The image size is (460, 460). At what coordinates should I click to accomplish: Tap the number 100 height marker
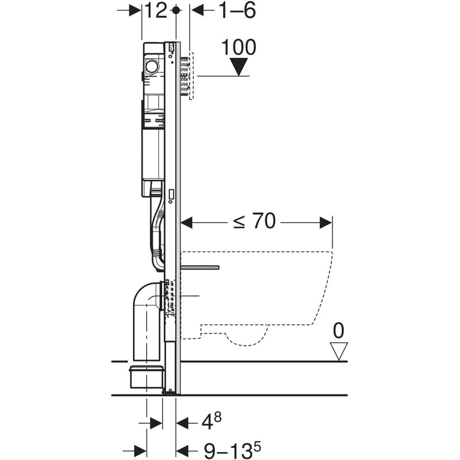click(238, 47)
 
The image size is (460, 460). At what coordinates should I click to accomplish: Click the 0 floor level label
click(339, 330)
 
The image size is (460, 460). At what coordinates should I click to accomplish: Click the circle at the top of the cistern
click(152, 66)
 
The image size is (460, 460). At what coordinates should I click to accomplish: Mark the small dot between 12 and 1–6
click(177, 10)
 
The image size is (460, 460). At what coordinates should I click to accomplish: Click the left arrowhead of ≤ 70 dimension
click(188, 221)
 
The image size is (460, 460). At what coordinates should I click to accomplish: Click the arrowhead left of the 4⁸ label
click(183, 423)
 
